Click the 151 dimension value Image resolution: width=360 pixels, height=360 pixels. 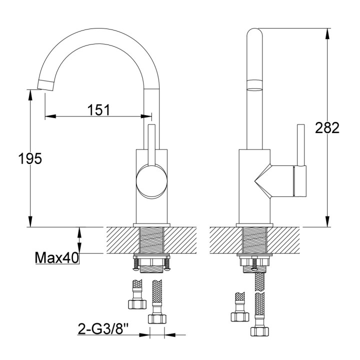98,109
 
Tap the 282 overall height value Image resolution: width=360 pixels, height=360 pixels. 327,127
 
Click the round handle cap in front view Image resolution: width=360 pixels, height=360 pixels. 152,180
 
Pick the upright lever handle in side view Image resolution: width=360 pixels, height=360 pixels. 301,145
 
